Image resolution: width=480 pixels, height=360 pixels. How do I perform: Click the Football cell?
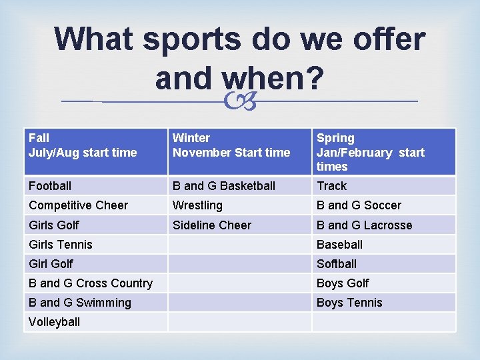tap(50, 186)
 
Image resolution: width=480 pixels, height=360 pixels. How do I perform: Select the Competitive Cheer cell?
tap(79, 205)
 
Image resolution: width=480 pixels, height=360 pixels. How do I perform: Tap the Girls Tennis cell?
tap(61, 245)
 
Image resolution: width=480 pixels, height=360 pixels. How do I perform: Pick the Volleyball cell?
tap(55, 322)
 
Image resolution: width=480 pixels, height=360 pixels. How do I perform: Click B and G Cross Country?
tap(91, 283)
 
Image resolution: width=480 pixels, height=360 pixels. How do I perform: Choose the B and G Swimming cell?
tap(80, 303)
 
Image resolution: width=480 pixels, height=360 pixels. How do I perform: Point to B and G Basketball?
tap(224, 186)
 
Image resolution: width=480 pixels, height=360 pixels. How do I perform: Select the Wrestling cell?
tap(197, 205)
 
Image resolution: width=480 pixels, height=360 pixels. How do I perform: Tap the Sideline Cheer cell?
tap(212, 225)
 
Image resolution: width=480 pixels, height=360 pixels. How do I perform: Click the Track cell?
tap(332, 186)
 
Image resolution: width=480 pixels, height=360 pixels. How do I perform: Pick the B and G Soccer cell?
tap(359, 205)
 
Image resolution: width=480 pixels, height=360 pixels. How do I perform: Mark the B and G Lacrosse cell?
tap(364, 225)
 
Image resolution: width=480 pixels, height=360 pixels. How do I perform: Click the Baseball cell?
tap(339, 245)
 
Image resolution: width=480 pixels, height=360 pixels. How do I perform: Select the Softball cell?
tap(337, 264)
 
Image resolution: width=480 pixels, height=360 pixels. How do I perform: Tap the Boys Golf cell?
tap(343, 283)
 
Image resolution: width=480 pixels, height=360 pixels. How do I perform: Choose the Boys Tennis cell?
tap(349, 303)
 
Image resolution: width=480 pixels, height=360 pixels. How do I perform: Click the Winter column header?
tap(231, 145)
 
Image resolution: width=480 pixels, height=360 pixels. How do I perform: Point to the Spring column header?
tap(370, 152)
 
